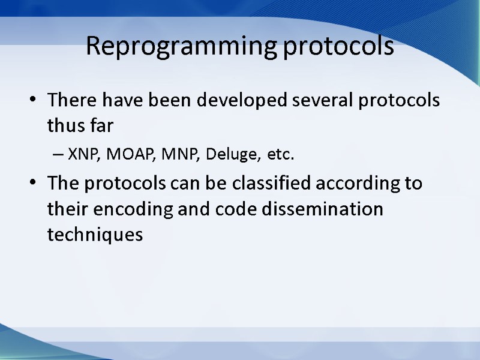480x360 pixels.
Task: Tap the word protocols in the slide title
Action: tap(339, 46)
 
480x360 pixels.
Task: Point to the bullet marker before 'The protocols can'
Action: tap(32, 184)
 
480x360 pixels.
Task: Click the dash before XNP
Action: tap(58, 155)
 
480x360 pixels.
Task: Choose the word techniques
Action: tap(95, 235)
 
